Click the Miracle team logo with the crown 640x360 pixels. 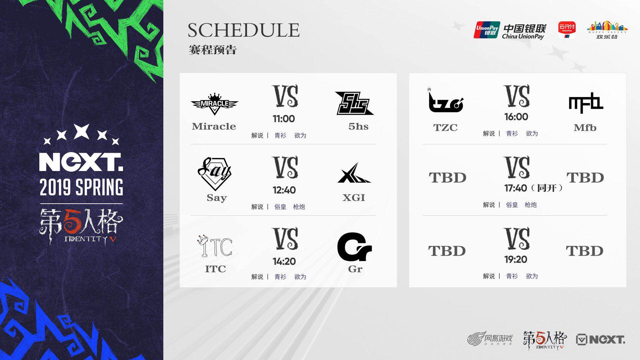[x=214, y=104]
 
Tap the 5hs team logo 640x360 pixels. [x=354, y=103]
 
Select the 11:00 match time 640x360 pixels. [x=284, y=119]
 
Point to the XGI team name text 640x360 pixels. [x=354, y=198]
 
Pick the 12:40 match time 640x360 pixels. [x=284, y=190]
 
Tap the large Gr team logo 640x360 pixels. [x=354, y=247]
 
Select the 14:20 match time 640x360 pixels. [x=284, y=261]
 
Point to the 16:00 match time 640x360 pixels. [x=516, y=117]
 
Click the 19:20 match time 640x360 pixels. [x=516, y=259]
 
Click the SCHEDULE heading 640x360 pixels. [x=244, y=30]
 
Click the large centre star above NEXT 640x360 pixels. [x=82, y=131]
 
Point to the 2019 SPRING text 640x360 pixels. [x=81, y=187]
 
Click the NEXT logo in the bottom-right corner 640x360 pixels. [x=600, y=340]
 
